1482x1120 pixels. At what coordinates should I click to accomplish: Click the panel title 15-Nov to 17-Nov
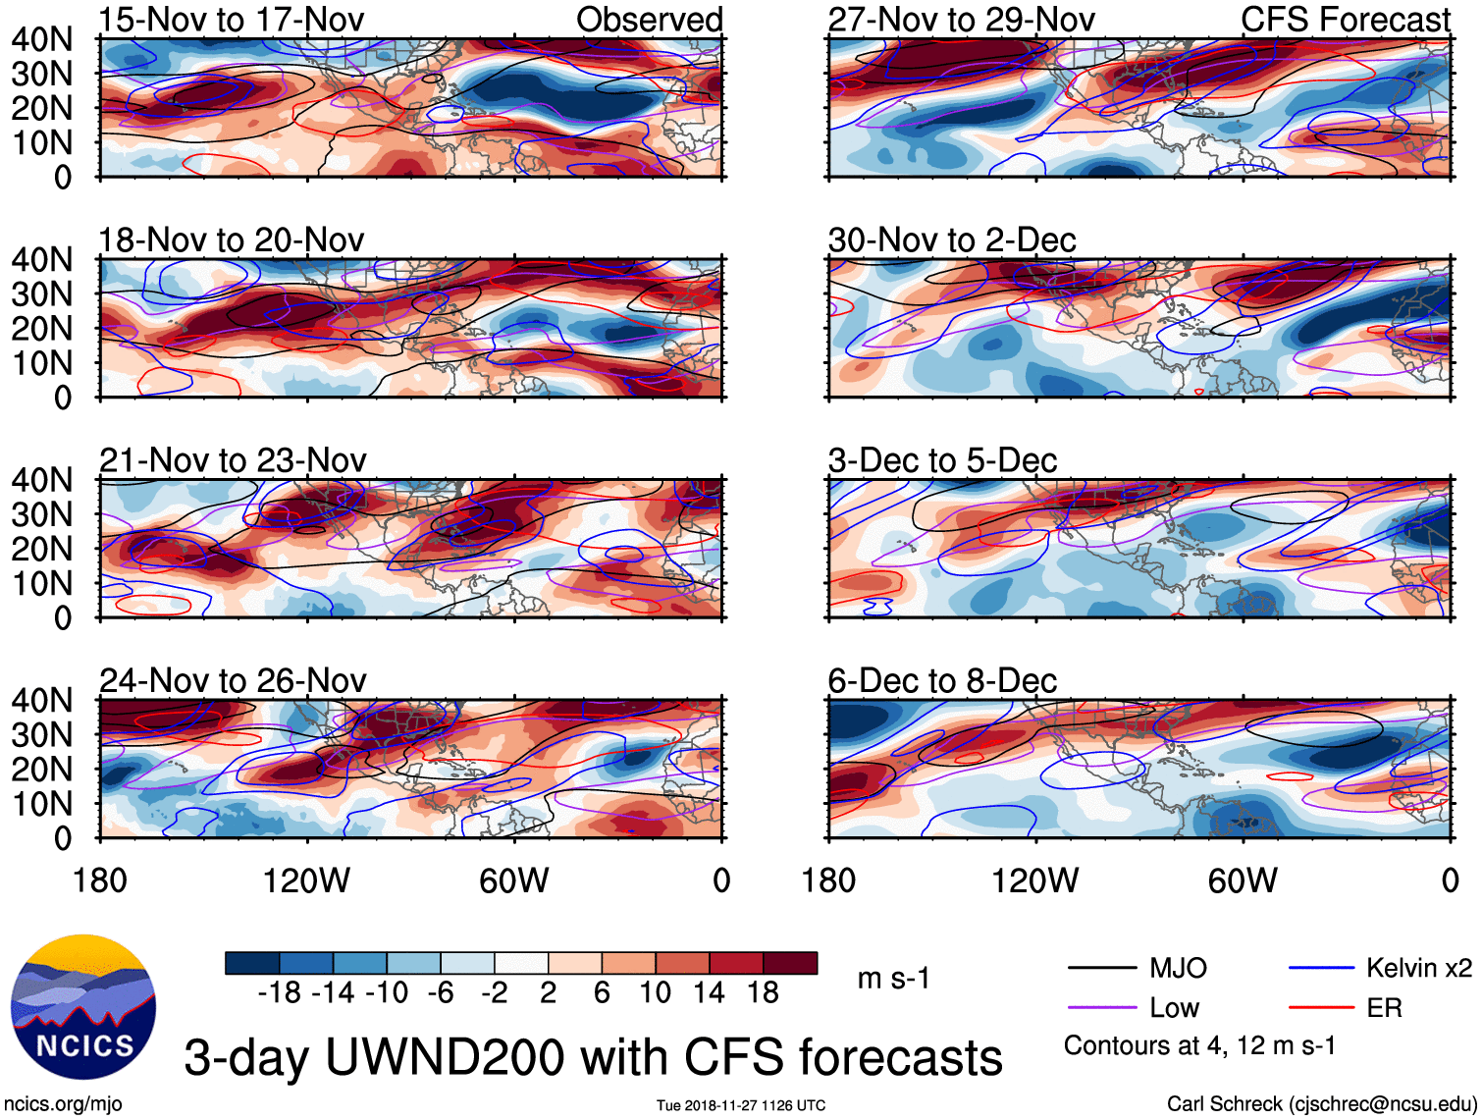coord(232,20)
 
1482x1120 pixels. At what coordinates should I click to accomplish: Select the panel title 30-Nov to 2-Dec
coord(951,240)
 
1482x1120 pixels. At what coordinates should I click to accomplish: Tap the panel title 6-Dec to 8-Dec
coord(942,680)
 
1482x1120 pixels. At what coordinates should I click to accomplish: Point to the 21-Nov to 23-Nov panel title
coord(233,459)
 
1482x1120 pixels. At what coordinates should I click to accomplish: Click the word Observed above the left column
coord(649,20)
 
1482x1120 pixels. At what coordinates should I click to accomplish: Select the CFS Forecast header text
coord(1345,20)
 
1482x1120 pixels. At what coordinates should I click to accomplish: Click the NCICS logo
coord(83,1006)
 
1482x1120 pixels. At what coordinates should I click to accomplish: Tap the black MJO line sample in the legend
coord(1101,969)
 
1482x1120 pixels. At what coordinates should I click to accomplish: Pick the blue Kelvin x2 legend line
coord(1321,969)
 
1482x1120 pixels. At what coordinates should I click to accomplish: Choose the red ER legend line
coord(1321,1008)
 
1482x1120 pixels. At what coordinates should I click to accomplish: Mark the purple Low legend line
coord(1101,1008)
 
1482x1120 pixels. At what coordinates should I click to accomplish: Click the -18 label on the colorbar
coord(280,993)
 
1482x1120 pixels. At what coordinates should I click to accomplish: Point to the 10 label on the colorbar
coord(656,993)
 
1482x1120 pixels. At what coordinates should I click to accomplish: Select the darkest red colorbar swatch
coord(790,963)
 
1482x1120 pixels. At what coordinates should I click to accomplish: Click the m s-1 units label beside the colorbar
coord(893,979)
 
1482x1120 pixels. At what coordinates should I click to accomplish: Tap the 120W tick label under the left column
coord(306,880)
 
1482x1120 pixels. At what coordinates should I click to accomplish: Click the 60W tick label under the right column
coord(1243,880)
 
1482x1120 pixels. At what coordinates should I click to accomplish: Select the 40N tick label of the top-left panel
coord(42,39)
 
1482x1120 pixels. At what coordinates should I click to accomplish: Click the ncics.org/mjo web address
coord(63,1104)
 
